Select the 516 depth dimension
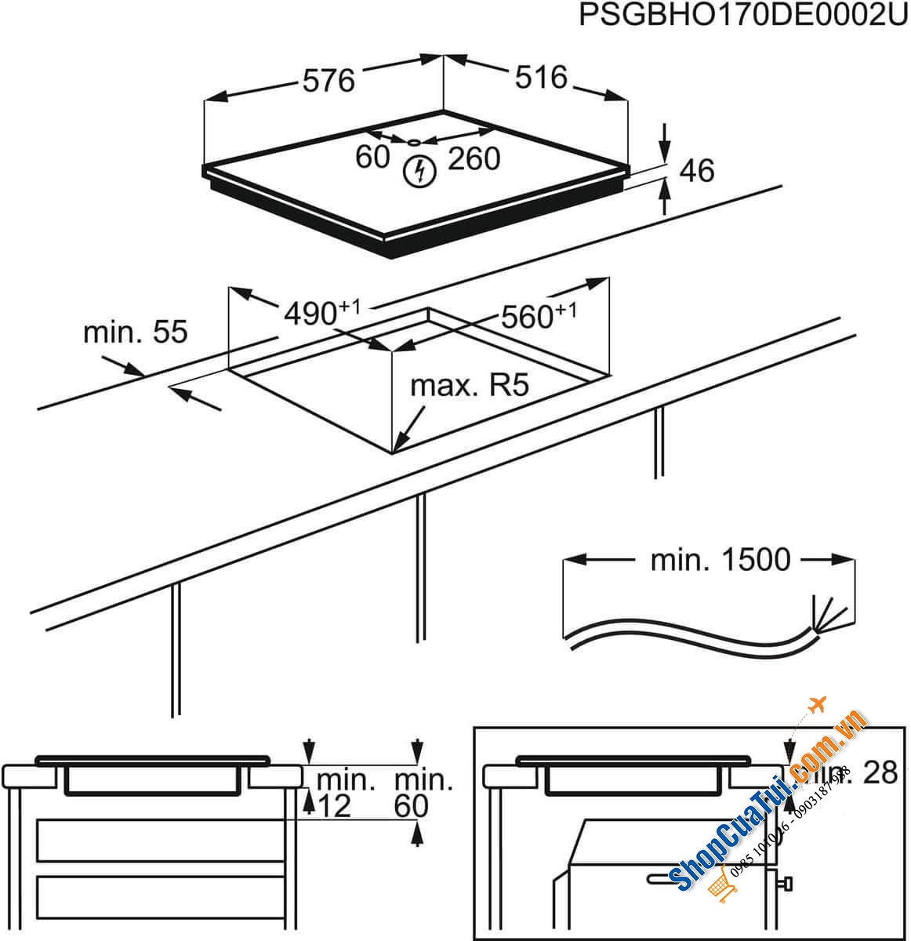tap(541, 77)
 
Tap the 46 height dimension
tap(697, 170)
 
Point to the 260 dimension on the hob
tap(474, 159)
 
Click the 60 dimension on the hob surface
tap(372, 157)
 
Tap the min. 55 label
tap(136, 332)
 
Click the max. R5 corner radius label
tap(470, 386)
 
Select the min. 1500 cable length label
tap(720, 560)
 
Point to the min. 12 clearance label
tap(337, 792)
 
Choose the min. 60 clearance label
tap(423, 792)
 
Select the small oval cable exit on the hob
tap(413, 142)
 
